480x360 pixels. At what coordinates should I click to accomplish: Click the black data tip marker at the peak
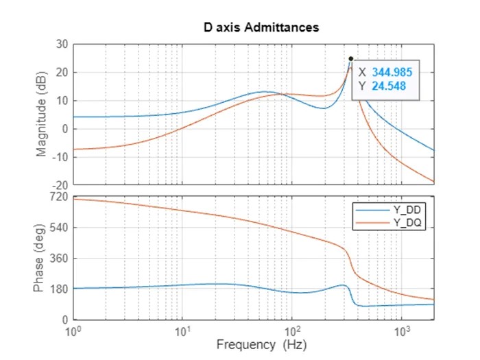coord(351,58)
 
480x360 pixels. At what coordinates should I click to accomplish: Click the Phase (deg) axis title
coord(43,258)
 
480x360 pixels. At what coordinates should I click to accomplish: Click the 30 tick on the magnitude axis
coord(61,44)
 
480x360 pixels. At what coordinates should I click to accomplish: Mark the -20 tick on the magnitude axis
coord(60,185)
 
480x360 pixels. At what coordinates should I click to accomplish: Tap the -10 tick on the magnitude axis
coord(60,157)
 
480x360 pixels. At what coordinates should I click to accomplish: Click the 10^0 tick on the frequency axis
coord(73,331)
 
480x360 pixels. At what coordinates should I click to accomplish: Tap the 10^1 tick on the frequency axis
coord(182,331)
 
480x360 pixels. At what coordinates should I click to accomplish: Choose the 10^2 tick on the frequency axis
coord(292,331)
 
